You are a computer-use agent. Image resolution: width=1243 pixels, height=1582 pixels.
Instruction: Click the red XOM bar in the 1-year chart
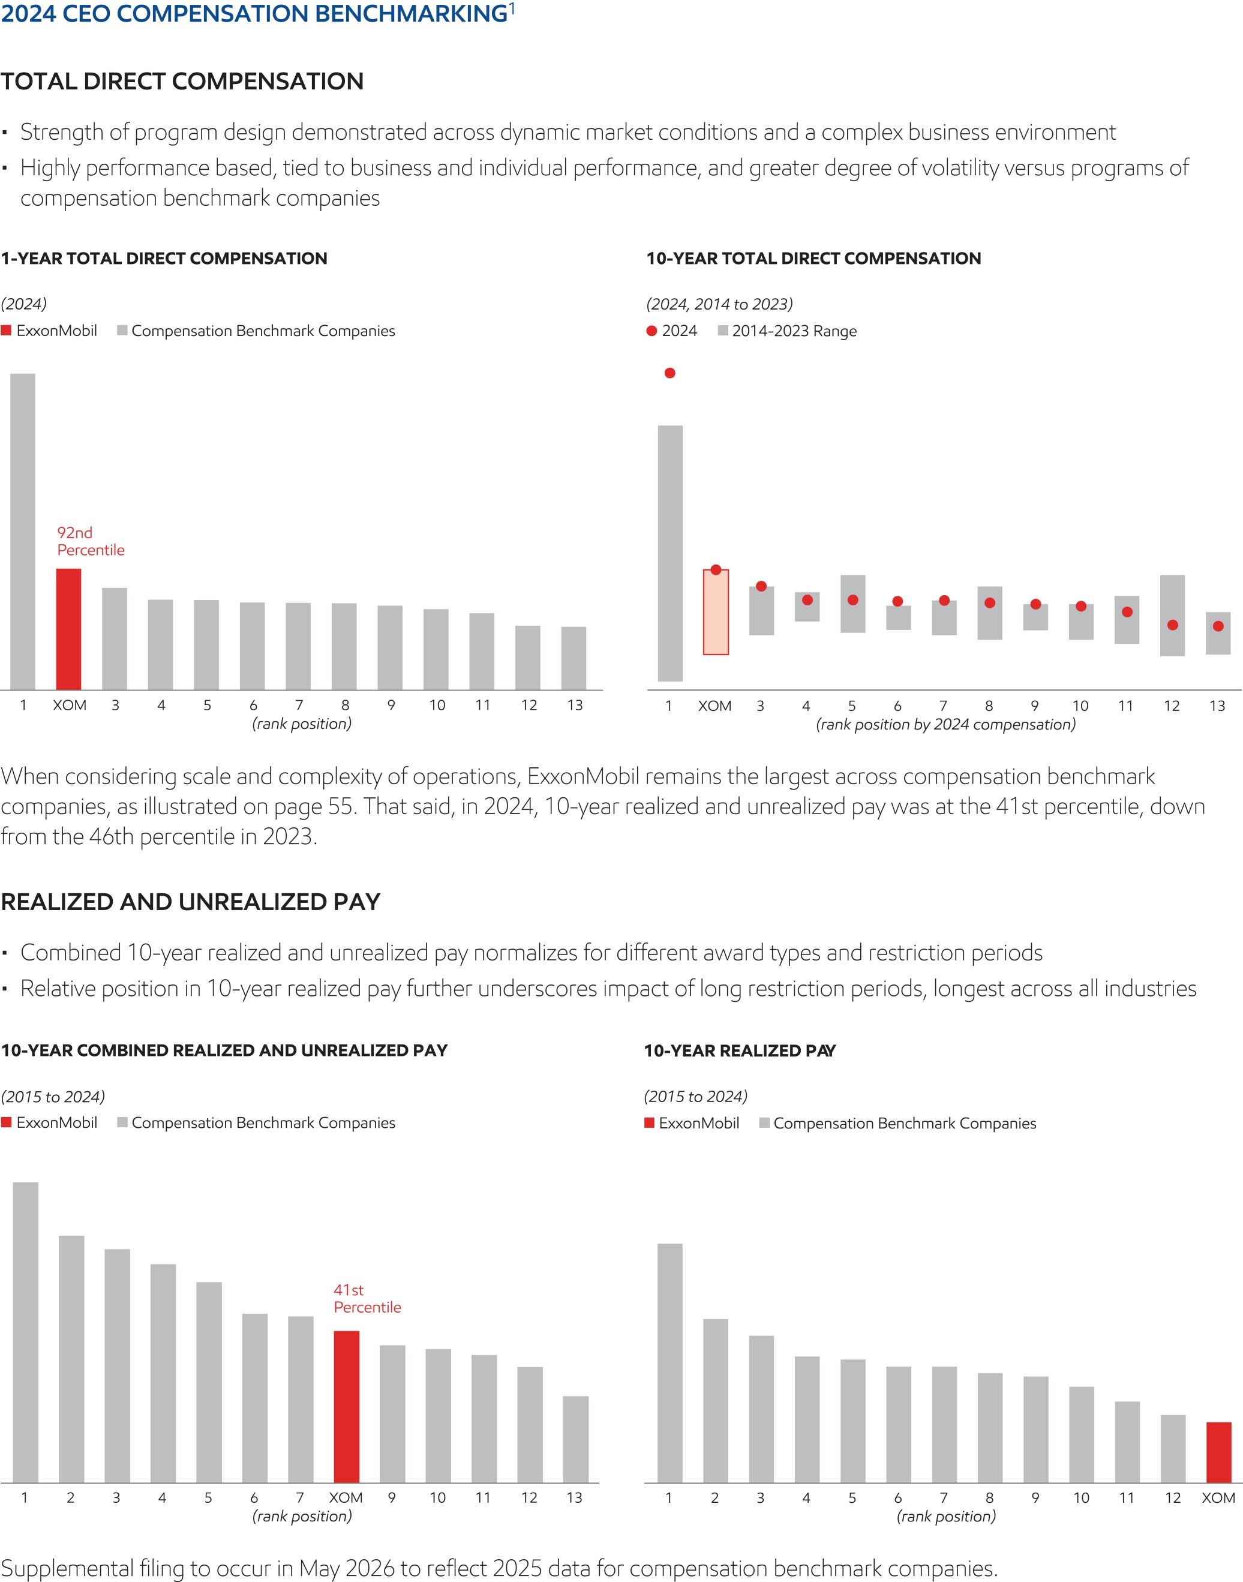(68, 629)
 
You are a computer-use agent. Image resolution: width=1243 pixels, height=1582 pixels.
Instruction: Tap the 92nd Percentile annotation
(90, 541)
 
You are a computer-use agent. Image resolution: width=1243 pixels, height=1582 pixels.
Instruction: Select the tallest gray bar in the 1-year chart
(23, 531)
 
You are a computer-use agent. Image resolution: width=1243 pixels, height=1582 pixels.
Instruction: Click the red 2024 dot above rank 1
(669, 373)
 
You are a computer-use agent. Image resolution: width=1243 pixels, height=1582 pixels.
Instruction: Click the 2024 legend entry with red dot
(672, 331)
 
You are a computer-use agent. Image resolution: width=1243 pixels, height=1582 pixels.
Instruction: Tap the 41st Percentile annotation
(367, 1298)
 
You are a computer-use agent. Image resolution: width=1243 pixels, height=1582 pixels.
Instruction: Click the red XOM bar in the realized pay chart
(1218, 1452)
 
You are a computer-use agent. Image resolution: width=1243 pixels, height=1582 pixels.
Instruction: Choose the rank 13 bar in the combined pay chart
(576, 1439)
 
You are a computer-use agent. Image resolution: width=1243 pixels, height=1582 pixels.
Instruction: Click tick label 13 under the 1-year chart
(575, 705)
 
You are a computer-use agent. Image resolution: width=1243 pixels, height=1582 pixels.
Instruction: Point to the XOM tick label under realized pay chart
(1218, 1497)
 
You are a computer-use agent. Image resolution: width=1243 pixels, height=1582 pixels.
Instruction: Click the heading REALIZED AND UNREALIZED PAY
(191, 902)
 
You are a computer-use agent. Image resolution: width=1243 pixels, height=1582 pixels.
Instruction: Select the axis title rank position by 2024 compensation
(945, 724)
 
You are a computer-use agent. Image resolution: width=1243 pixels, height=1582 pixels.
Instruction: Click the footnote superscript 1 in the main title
(512, 9)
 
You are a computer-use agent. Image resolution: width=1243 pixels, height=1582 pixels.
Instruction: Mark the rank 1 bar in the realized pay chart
(669, 1362)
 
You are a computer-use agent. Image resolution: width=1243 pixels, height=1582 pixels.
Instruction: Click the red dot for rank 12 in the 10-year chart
(1172, 625)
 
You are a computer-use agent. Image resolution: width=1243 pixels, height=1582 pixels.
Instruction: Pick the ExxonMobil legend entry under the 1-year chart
(49, 331)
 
